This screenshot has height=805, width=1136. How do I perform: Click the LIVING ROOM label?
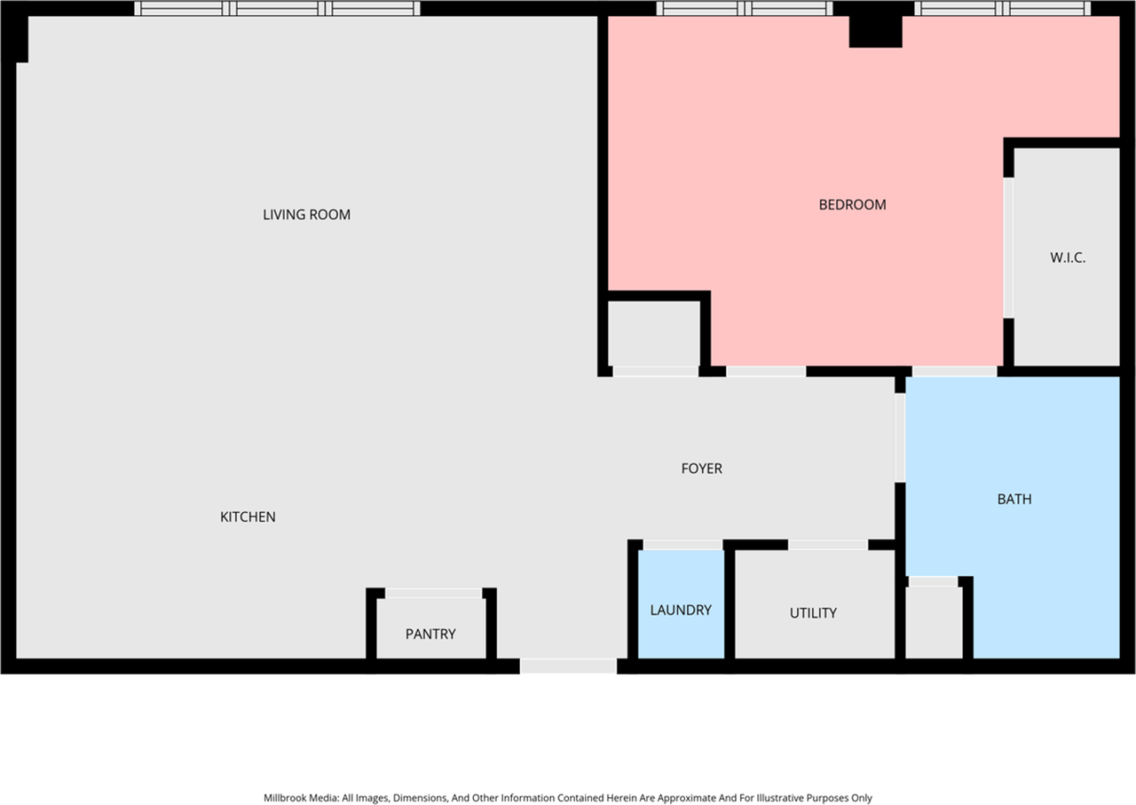306,215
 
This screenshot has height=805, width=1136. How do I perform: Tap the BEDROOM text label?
852,205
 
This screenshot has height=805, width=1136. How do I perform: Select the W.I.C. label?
1068,258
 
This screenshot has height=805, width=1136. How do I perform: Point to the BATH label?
1014,500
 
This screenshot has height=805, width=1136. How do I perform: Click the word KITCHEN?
248,517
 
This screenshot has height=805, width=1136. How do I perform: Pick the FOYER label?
701,469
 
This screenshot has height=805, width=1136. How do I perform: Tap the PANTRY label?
430,634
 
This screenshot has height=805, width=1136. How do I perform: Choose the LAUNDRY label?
681,610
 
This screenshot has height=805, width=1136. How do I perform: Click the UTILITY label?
813,613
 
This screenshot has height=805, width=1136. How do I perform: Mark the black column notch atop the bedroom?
875,32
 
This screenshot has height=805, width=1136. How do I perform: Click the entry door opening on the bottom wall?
568,666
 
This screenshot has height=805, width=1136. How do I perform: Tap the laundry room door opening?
682,544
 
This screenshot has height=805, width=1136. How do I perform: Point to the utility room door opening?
827,544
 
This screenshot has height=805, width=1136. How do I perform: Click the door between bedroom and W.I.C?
1008,249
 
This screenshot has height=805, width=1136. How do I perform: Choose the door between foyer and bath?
900,437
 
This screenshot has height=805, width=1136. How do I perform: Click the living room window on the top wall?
277,9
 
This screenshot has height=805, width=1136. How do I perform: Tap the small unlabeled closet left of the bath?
932,621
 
